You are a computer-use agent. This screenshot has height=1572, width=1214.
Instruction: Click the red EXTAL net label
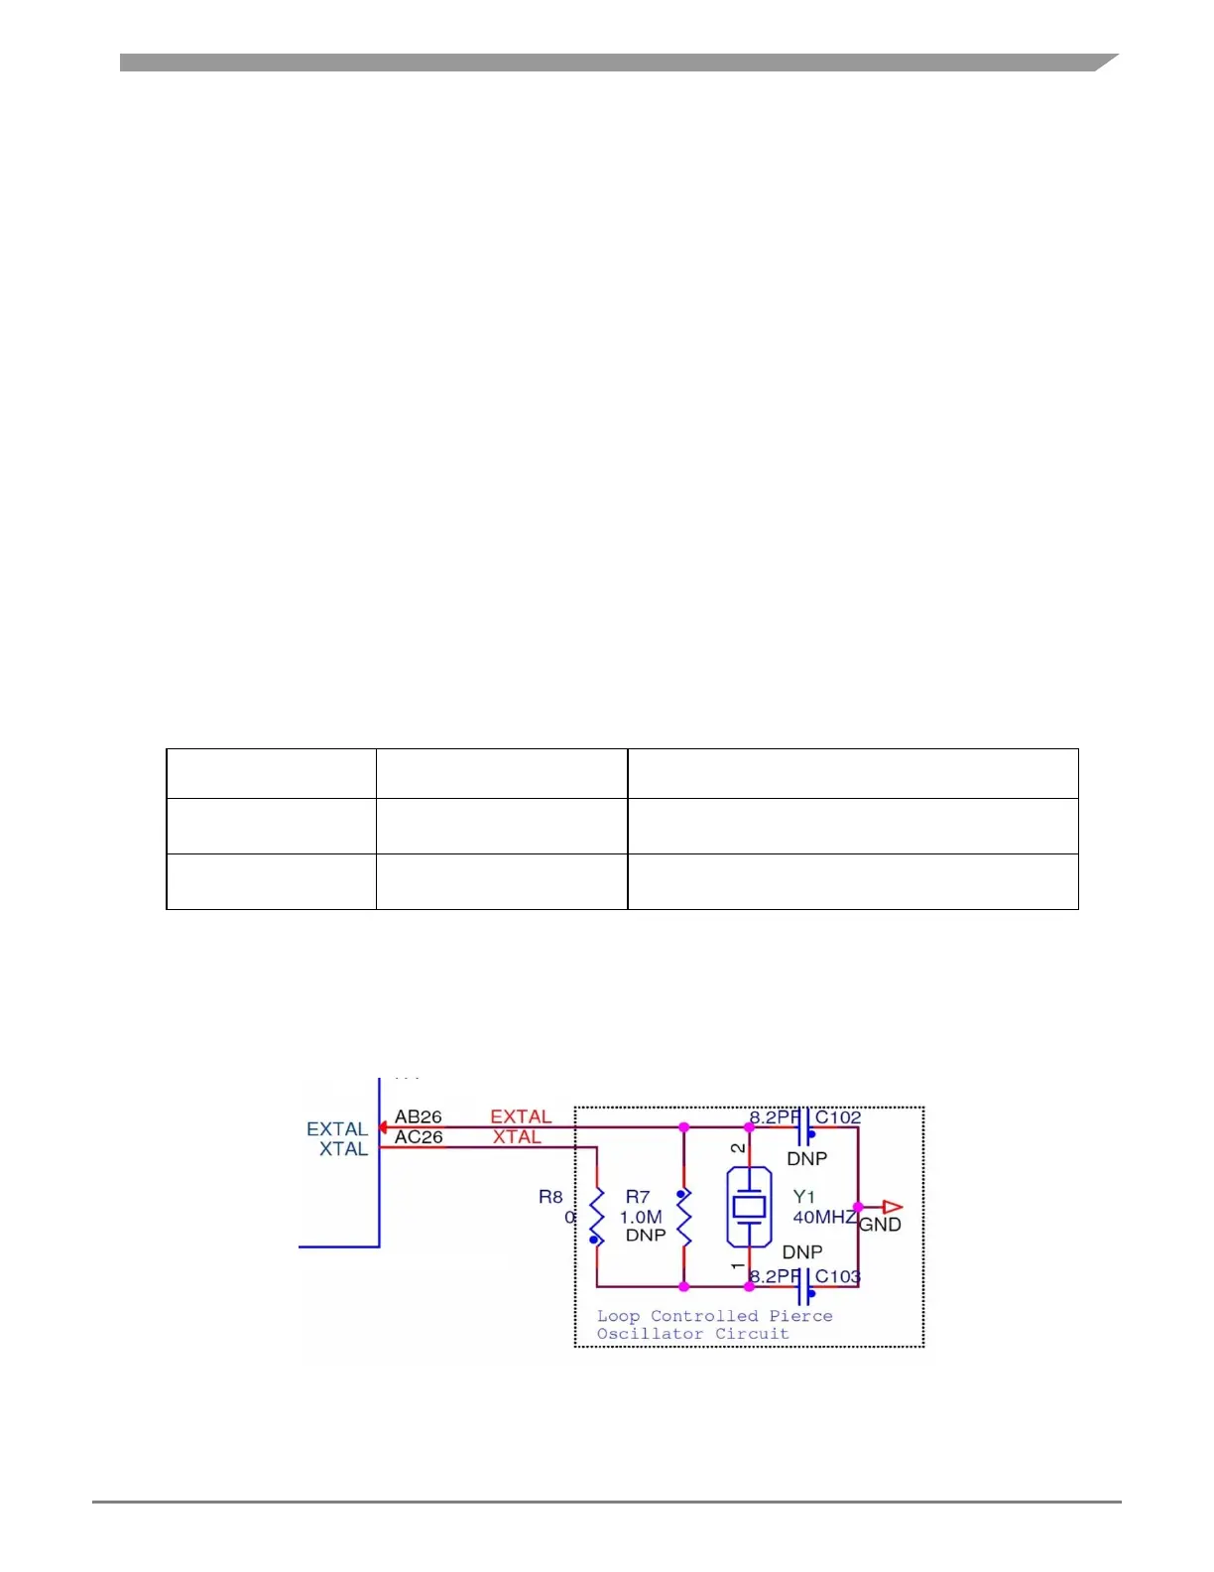tap(521, 1117)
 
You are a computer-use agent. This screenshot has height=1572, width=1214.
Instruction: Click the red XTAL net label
tap(518, 1137)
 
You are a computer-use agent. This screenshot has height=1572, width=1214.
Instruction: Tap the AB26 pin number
tap(418, 1117)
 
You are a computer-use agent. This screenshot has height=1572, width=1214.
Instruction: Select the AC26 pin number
tap(419, 1137)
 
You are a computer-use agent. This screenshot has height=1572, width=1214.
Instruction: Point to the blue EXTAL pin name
tap(337, 1129)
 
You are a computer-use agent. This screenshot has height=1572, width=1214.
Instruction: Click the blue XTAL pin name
tap(343, 1149)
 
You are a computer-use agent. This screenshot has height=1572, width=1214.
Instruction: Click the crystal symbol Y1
tap(749, 1207)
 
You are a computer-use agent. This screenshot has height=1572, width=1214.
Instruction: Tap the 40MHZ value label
tap(823, 1217)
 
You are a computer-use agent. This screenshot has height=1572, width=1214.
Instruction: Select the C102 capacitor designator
tap(838, 1117)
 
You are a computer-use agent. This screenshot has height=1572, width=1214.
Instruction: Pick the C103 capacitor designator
tap(838, 1276)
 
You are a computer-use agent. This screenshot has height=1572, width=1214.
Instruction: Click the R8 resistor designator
tap(550, 1197)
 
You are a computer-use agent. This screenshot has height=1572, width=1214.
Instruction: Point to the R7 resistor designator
tap(638, 1198)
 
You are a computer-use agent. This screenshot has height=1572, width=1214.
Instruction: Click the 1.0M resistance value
tap(641, 1217)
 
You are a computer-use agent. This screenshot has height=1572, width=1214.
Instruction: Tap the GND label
tap(880, 1225)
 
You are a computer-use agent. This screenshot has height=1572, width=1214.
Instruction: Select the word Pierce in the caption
tap(800, 1316)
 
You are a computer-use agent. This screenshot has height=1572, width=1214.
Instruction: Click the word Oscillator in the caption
tap(650, 1334)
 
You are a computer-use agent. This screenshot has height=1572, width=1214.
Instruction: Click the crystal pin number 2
tap(737, 1148)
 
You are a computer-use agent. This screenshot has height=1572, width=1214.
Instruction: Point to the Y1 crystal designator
tap(803, 1198)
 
